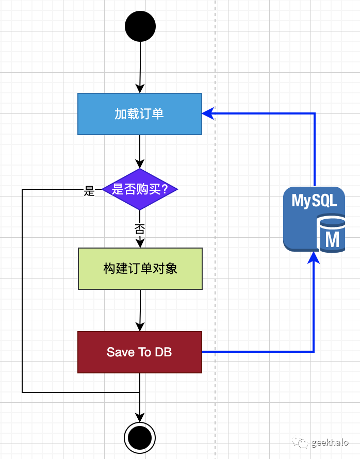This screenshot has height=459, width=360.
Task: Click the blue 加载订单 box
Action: [x=140, y=114]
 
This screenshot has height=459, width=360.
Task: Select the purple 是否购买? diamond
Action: [x=140, y=189]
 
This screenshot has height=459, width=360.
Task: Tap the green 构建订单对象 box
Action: [x=140, y=269]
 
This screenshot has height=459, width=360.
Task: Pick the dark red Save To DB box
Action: [x=140, y=352]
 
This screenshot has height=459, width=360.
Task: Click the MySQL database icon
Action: [x=314, y=220]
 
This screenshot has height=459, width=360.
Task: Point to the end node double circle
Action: [x=140, y=438]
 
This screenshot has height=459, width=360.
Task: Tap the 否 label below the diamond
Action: [x=140, y=229]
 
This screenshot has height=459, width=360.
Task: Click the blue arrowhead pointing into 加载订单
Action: [x=207, y=114]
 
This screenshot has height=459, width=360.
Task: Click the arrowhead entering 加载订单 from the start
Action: [x=140, y=88]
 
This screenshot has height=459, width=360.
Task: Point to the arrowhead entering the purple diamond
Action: [x=140, y=163]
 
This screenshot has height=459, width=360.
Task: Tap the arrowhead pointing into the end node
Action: [x=140, y=417]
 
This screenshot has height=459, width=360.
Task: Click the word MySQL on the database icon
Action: [x=314, y=201]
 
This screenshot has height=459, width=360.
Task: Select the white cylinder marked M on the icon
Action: [x=331, y=235]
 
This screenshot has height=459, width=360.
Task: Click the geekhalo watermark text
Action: [x=330, y=442]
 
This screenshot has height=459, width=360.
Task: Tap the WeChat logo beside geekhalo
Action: [x=301, y=442]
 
